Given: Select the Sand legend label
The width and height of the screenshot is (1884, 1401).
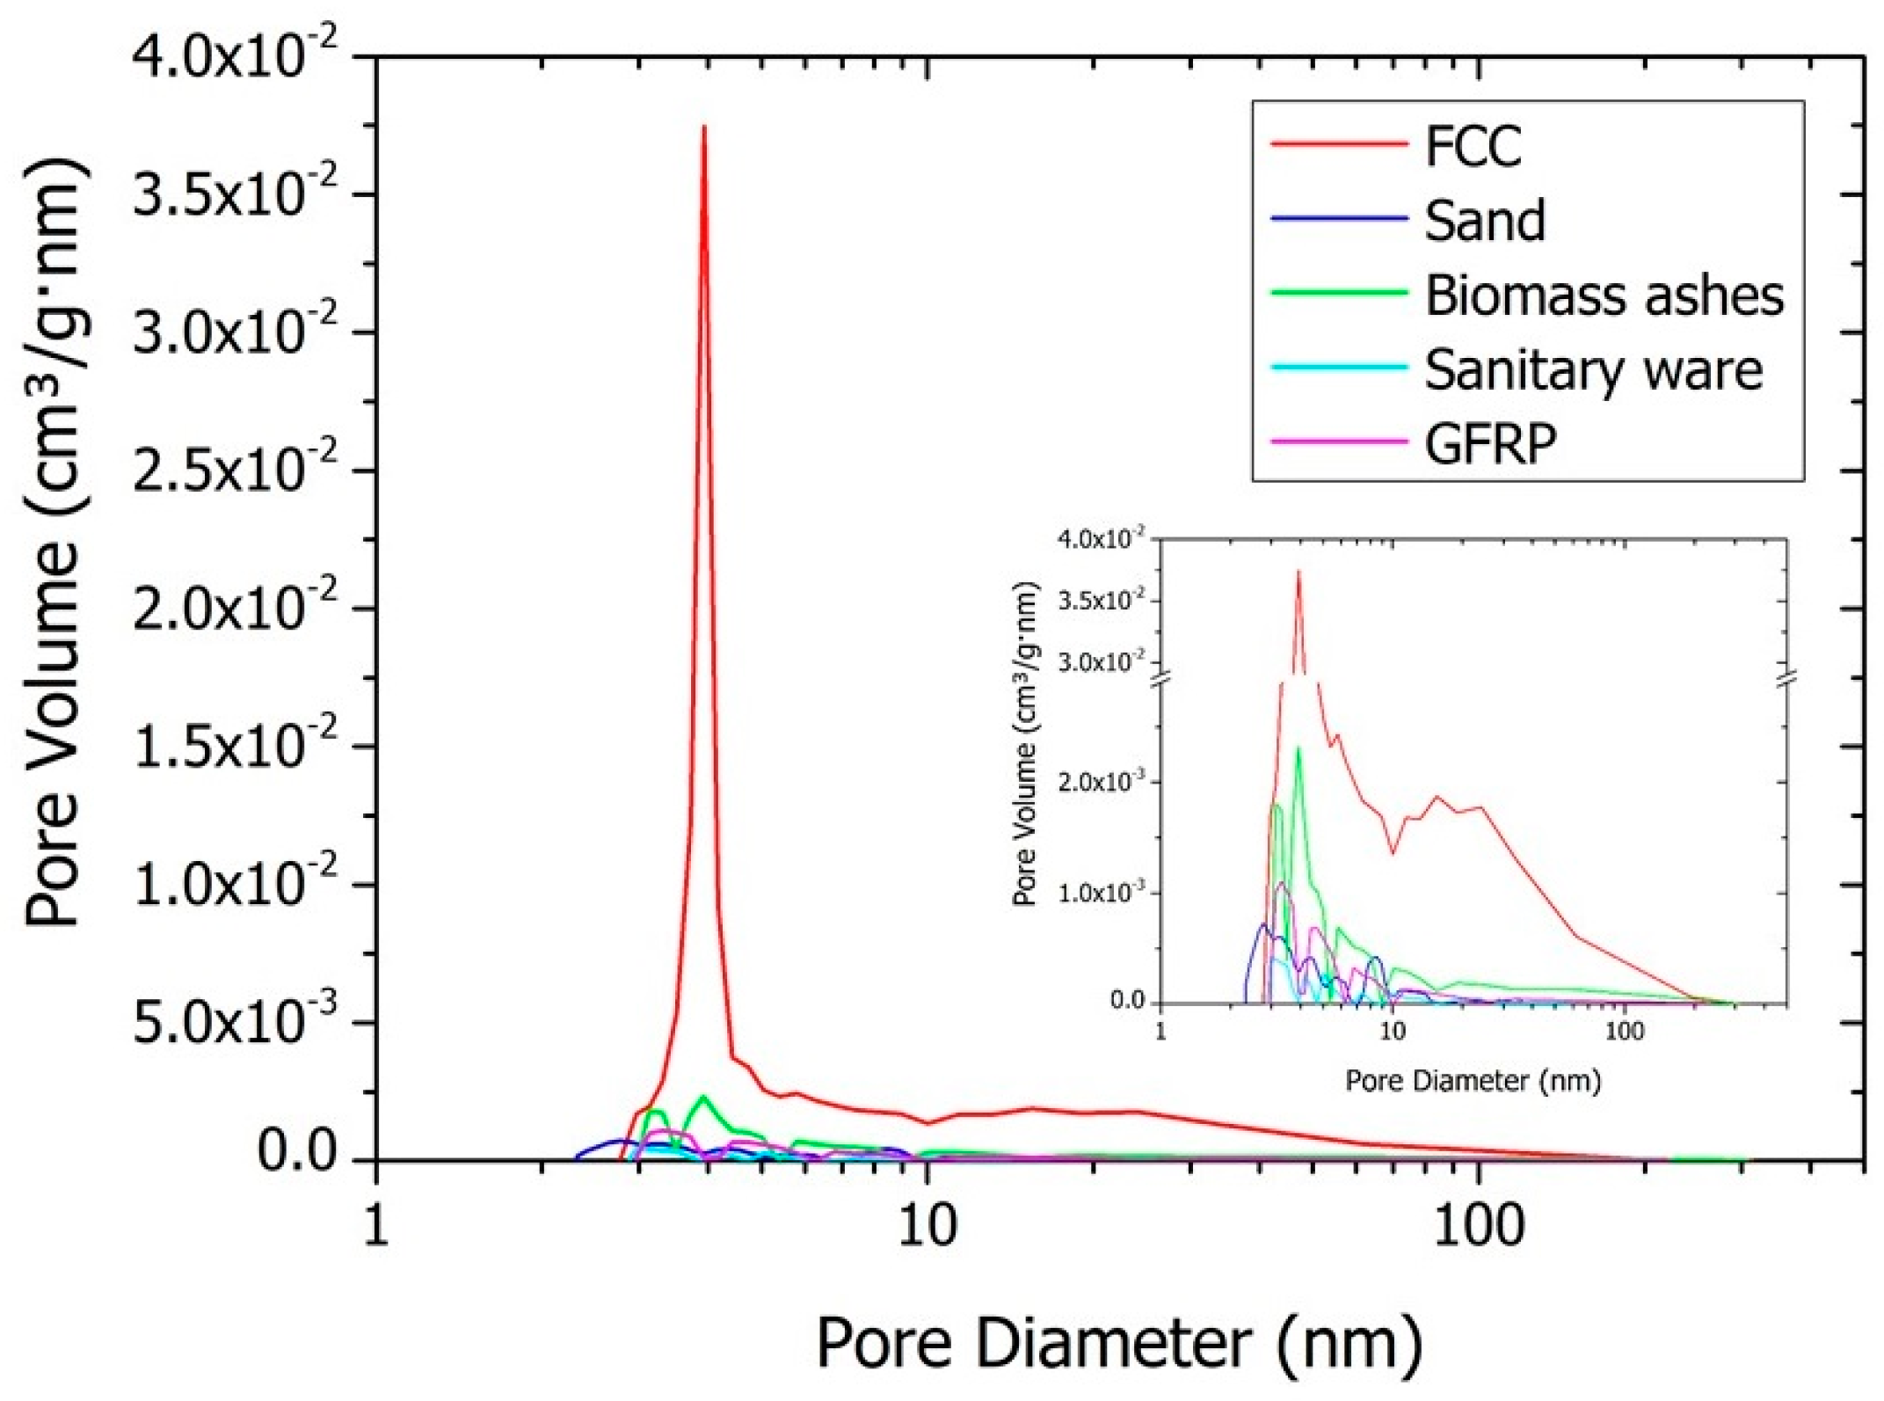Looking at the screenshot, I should tap(1485, 221).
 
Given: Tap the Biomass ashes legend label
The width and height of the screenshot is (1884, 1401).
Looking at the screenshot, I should tap(1604, 296).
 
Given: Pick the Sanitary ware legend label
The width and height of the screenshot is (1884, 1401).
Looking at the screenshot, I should tap(1593, 369).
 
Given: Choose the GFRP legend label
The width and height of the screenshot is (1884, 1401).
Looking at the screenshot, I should tap(1491, 443).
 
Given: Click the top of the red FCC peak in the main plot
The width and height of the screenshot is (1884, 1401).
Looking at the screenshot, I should tap(704, 128).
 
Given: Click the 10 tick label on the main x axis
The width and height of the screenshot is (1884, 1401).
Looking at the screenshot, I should tap(927, 1226).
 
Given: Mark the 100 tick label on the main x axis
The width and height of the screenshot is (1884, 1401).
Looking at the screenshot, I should tap(1478, 1226).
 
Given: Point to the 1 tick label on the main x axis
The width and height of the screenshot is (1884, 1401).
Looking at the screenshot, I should tap(376, 1226).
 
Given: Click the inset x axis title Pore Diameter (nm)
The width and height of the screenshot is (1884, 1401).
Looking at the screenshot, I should tap(1473, 1080).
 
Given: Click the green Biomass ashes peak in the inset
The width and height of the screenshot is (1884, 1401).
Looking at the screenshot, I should tap(1298, 748).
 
